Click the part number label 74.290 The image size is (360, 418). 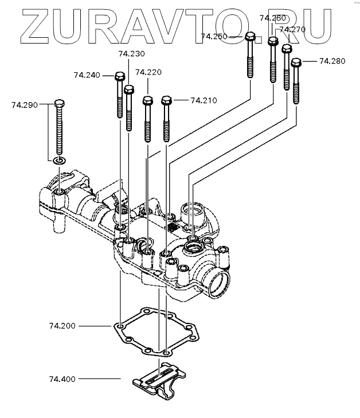pyautogui.click(x=25, y=105)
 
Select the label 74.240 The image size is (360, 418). pyautogui.click(x=87, y=75)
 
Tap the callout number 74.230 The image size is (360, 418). pyautogui.click(x=131, y=54)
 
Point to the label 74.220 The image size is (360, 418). pyautogui.click(x=148, y=72)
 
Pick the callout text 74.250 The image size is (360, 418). pyautogui.click(x=214, y=36)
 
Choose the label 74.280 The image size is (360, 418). pyautogui.click(x=332, y=61)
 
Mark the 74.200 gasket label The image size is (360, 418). pyautogui.click(x=62, y=326)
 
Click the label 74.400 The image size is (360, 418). pyautogui.click(x=62, y=379)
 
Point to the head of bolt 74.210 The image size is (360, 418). pyautogui.click(x=167, y=101)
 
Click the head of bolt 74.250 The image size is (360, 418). pyautogui.click(x=251, y=37)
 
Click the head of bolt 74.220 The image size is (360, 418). pyautogui.click(x=147, y=100)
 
